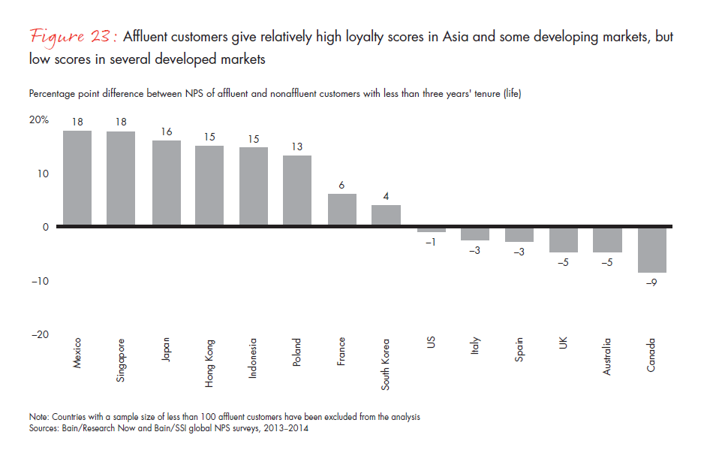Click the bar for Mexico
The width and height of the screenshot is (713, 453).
(77, 179)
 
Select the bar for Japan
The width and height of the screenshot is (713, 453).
(166, 183)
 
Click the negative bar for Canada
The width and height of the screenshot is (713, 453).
(652, 250)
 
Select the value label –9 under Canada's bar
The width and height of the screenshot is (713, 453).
(652, 282)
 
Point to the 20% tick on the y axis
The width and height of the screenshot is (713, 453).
(40, 119)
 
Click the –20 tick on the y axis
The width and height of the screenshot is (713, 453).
(40, 334)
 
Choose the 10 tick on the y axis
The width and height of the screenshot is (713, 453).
(43, 174)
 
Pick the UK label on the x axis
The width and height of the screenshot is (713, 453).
(564, 343)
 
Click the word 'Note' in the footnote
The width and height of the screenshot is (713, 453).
(38, 416)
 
